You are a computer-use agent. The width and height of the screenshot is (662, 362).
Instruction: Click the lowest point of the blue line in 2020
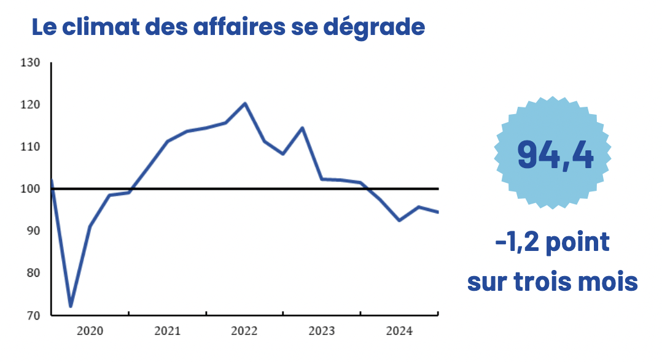[x=71, y=306]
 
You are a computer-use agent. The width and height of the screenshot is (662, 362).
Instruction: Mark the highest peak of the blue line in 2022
[x=245, y=103]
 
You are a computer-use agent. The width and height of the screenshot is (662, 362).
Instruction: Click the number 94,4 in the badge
[x=555, y=154]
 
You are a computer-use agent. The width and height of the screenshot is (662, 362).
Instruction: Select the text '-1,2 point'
[x=552, y=242]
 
